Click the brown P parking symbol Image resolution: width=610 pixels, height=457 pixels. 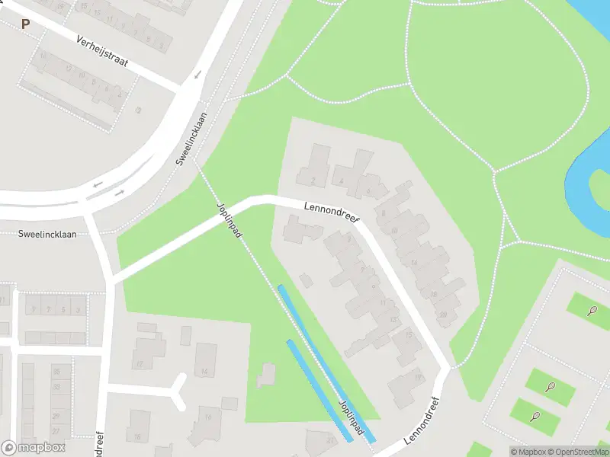25,24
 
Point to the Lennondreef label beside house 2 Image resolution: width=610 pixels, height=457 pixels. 331,211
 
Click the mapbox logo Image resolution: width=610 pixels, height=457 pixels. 34,447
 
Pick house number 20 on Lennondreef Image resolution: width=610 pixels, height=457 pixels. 442,314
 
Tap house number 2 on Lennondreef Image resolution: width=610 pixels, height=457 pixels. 314,181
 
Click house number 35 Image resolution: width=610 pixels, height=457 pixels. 56,371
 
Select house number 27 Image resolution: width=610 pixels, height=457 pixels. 56,417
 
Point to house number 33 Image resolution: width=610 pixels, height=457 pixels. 56,386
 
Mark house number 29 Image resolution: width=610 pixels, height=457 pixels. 56,401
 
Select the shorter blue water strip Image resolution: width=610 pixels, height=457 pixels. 319,390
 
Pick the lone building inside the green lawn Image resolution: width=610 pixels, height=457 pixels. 266,375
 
